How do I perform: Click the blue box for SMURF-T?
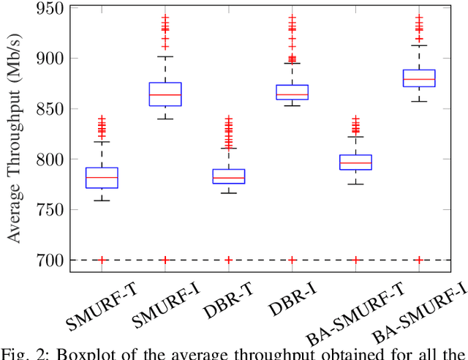(102, 178)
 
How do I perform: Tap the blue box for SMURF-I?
(165, 94)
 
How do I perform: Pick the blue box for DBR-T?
(228, 176)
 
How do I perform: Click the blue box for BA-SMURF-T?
(355, 162)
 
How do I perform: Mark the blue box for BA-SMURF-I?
(419, 78)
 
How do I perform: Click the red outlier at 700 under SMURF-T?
(102, 260)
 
